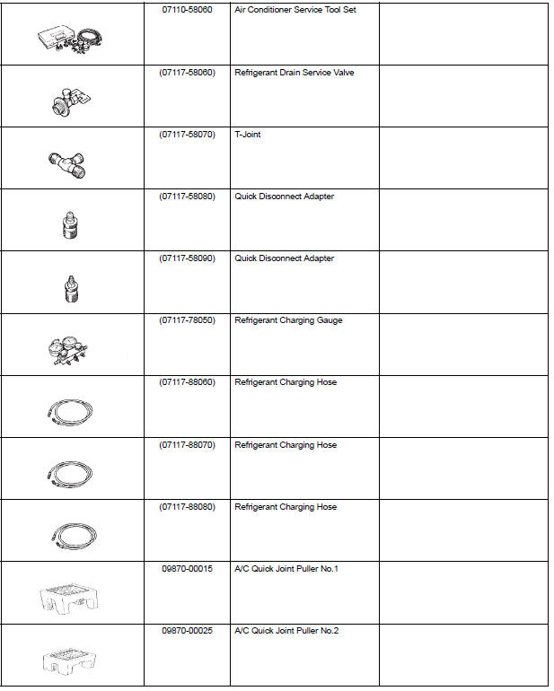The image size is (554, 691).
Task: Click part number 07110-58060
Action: [187, 10]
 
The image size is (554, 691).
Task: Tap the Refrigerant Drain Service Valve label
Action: [295, 73]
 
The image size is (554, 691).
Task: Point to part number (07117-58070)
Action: [187, 135]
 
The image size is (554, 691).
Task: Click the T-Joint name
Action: [248, 135]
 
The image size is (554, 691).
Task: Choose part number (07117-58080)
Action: [187, 197]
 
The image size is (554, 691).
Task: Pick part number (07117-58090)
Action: [187, 258]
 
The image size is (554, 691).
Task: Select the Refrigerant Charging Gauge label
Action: [288, 320]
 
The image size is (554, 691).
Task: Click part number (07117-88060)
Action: [187, 382]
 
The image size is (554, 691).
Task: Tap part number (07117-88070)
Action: [187, 445]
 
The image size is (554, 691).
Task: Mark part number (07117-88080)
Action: [187, 507]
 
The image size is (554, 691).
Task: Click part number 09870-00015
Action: [187, 569]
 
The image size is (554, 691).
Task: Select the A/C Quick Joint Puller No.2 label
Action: [286, 631]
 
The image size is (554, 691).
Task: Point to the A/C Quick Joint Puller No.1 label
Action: [286, 569]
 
